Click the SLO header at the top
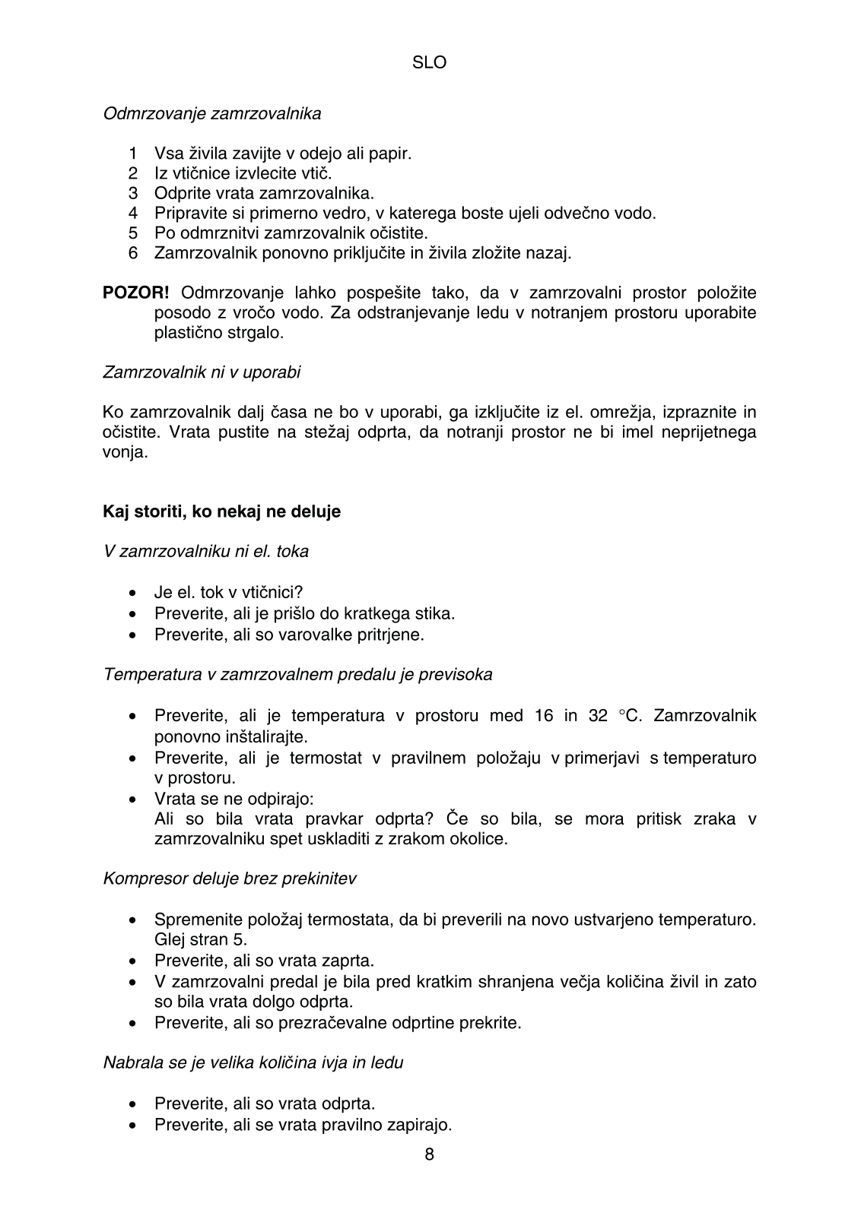[429, 63]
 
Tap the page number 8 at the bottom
[430, 1155]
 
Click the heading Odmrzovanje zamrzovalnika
[212, 114]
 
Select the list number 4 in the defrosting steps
[133, 214]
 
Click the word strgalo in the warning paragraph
[257, 333]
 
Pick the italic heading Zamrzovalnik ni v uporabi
[202, 373]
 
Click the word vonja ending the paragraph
[125, 453]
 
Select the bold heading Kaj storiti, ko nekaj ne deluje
[221, 512]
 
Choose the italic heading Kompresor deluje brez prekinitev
[230, 879]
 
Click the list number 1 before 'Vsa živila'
[133, 154]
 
